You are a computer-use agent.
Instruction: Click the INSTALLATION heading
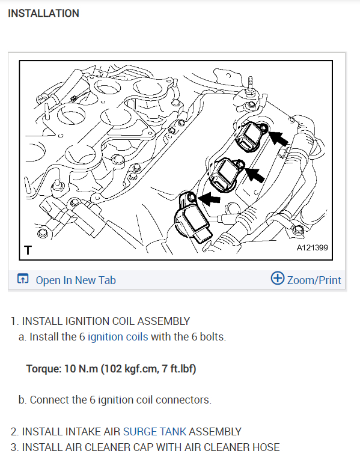[43, 13]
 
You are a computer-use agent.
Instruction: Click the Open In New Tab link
[76, 280]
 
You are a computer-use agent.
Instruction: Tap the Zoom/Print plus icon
[277, 278]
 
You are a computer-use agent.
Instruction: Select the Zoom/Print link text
[314, 280]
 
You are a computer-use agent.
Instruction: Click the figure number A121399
[312, 247]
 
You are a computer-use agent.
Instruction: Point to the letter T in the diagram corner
[28, 250]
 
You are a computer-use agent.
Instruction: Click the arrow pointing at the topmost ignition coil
[278, 138]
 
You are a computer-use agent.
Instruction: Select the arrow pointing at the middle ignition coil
[255, 175]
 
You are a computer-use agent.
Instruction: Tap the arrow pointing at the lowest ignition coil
[210, 199]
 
